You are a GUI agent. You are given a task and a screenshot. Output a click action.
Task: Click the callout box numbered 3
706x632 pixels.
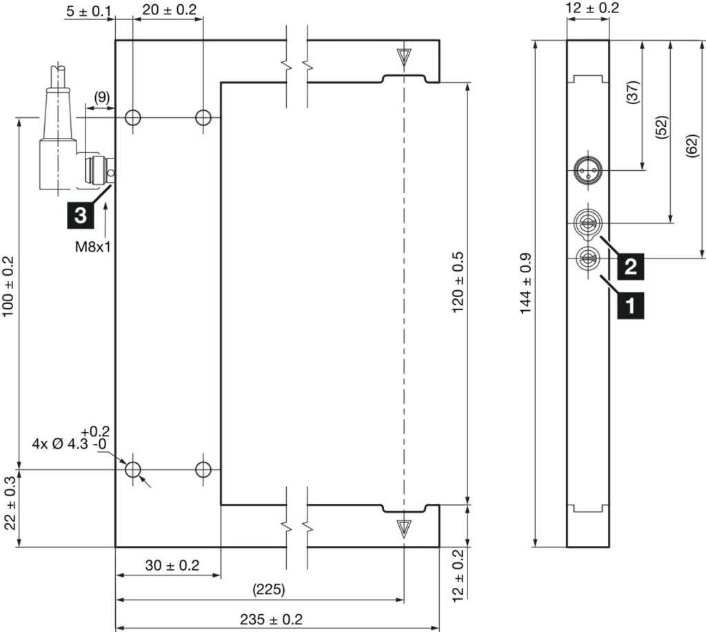click(80, 214)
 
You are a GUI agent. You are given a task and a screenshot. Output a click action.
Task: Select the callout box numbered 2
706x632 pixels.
click(630, 265)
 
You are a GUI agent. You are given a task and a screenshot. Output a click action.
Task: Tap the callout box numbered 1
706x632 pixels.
click(630, 303)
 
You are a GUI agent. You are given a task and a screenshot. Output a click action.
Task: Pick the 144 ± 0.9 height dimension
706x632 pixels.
click(525, 292)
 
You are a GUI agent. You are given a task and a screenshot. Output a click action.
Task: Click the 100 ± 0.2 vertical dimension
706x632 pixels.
click(8, 287)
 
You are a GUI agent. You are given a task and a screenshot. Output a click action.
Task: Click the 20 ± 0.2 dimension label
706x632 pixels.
click(169, 10)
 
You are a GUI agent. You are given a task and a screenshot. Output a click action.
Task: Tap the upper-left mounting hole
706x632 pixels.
click(133, 118)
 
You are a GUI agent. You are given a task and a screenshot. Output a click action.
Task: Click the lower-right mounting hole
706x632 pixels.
click(203, 469)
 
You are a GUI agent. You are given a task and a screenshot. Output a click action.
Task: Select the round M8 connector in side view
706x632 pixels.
click(587, 170)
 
